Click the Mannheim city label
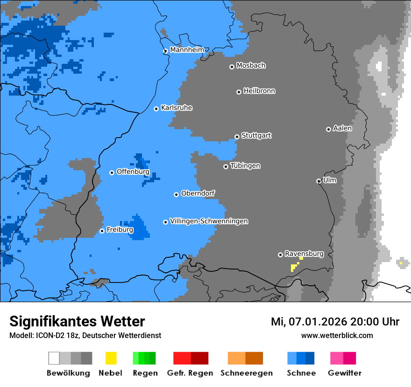(x=187, y=50)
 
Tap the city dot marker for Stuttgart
(x=237, y=137)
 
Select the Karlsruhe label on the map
(x=177, y=108)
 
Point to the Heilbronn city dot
(x=239, y=92)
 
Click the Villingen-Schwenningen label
(x=209, y=221)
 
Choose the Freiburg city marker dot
(x=102, y=231)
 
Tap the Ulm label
(x=330, y=180)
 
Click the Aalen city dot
(x=328, y=129)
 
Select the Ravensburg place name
(x=304, y=254)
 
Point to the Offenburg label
(x=133, y=172)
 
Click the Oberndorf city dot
(x=176, y=194)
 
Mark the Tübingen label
(x=245, y=166)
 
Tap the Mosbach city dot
(x=232, y=67)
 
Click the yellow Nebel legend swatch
(x=111, y=358)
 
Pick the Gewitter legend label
(x=345, y=373)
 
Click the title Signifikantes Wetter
(x=77, y=321)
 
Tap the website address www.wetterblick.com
(x=337, y=335)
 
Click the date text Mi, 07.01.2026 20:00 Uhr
(x=335, y=322)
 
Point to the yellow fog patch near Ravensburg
(x=294, y=267)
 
